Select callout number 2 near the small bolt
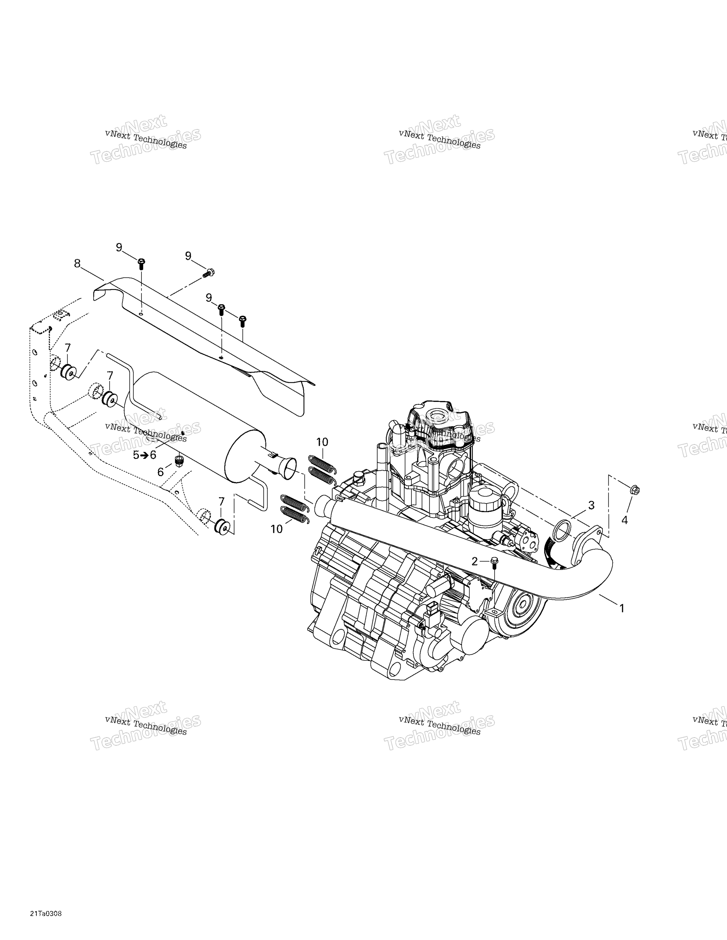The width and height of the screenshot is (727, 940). (475, 561)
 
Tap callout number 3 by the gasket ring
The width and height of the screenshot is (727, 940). (591, 505)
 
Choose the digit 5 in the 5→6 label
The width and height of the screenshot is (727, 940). (136, 455)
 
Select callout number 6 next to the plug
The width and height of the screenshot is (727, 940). (161, 472)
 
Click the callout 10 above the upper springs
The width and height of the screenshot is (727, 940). (322, 442)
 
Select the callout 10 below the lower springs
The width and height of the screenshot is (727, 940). (277, 529)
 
